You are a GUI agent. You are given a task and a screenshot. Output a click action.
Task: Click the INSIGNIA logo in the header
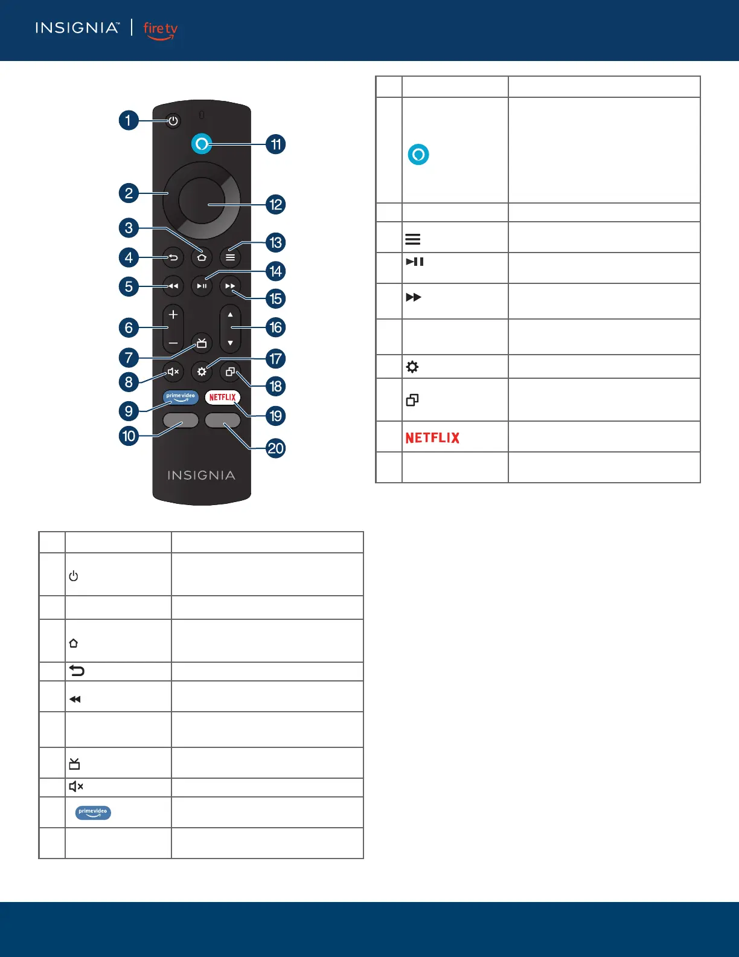tap(77, 28)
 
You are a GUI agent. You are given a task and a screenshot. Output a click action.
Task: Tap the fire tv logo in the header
tap(161, 30)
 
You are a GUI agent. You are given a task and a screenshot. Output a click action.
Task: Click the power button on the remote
tap(173, 121)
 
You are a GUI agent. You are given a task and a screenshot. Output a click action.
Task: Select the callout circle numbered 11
tap(275, 144)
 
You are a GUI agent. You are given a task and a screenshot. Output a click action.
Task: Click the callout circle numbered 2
tap(129, 193)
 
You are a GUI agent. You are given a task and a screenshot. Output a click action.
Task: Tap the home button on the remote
tap(202, 257)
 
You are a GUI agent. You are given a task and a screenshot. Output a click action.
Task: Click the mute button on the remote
tap(173, 372)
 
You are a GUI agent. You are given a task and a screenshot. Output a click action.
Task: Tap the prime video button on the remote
tap(181, 398)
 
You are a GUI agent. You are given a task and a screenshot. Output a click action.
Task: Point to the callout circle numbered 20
tap(275, 448)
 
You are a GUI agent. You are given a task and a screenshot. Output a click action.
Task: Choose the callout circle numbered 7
tap(129, 358)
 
